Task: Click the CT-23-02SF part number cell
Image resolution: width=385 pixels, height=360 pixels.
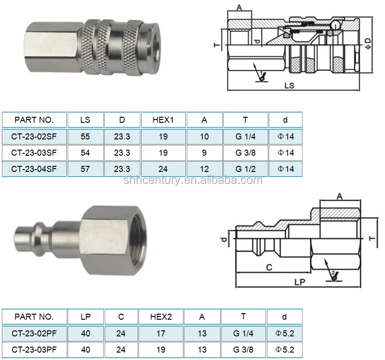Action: pyautogui.click(x=34, y=137)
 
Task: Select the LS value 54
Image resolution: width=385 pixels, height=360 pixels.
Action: pyautogui.click(x=85, y=153)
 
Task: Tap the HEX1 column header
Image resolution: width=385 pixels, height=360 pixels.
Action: pyautogui.click(x=163, y=120)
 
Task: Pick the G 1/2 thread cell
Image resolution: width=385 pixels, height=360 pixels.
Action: pyautogui.click(x=245, y=169)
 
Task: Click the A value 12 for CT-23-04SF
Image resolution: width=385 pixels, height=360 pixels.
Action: pyautogui.click(x=204, y=169)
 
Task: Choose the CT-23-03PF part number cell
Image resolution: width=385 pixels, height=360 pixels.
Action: pyautogui.click(x=34, y=350)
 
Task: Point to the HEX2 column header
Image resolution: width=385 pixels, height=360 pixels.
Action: pyautogui.click(x=161, y=317)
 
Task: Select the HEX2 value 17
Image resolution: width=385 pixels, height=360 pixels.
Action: pyautogui.click(x=161, y=334)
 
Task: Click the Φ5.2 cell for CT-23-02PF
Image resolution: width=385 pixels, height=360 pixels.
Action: pyautogui.click(x=284, y=334)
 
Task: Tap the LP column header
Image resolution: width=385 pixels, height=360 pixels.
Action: pyautogui.click(x=85, y=317)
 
